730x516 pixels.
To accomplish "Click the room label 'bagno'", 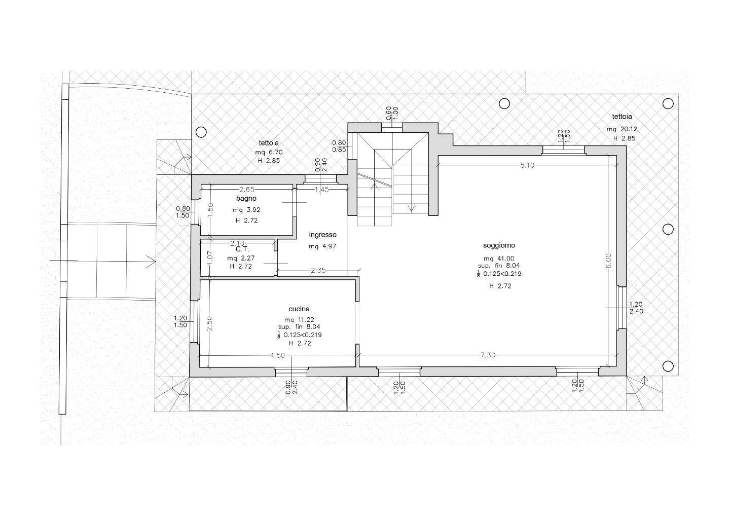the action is [x=246, y=198].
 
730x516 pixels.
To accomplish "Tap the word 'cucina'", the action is [x=299, y=309].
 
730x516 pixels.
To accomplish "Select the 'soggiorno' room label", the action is [x=499, y=246].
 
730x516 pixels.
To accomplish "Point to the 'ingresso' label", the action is [x=322, y=235].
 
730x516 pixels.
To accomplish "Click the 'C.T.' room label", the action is [x=242, y=249].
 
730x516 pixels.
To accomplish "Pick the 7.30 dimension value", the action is [x=488, y=355].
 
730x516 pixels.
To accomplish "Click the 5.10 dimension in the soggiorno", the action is [x=527, y=165].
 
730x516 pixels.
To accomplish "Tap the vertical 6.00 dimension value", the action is [x=609, y=261].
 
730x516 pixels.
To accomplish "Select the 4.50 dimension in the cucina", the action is [x=278, y=355].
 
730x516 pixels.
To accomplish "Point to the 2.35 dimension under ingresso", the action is [x=318, y=270].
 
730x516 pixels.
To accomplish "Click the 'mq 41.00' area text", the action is [x=499, y=259].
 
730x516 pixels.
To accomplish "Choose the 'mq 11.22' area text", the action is [x=299, y=320].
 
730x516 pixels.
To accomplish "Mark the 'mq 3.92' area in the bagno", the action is [x=246, y=210].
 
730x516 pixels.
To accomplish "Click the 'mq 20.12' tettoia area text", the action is [x=622, y=129].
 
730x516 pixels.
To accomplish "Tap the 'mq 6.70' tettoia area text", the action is [x=269, y=152].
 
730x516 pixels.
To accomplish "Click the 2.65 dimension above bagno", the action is [x=247, y=189].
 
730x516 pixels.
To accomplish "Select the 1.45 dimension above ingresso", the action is [x=321, y=189].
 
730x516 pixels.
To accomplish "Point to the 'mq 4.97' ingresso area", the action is [x=322, y=246].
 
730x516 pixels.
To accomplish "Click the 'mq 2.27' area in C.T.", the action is [x=241, y=258].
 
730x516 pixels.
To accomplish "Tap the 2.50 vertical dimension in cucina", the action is [x=209, y=323].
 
